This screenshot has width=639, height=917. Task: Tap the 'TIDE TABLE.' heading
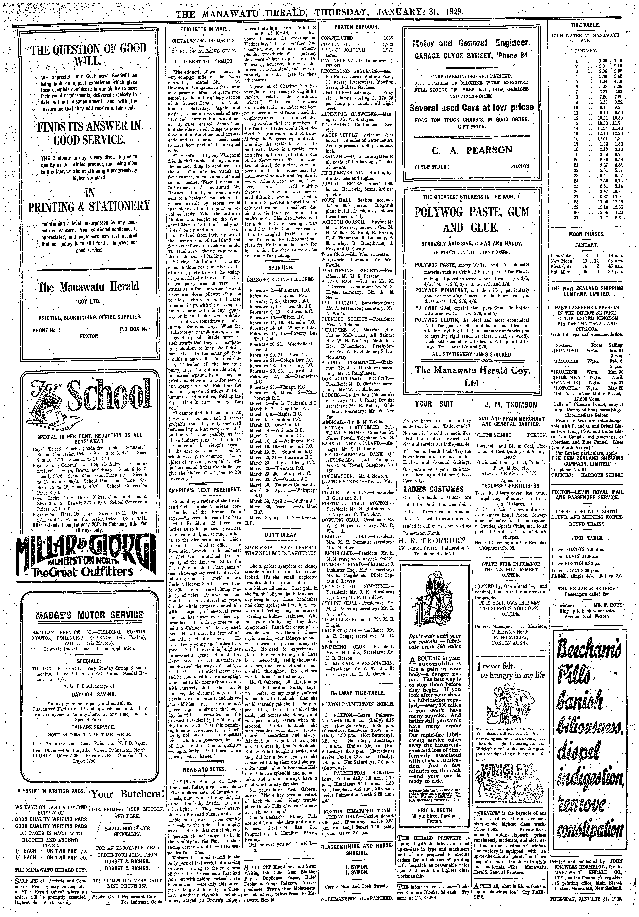(586, 25)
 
